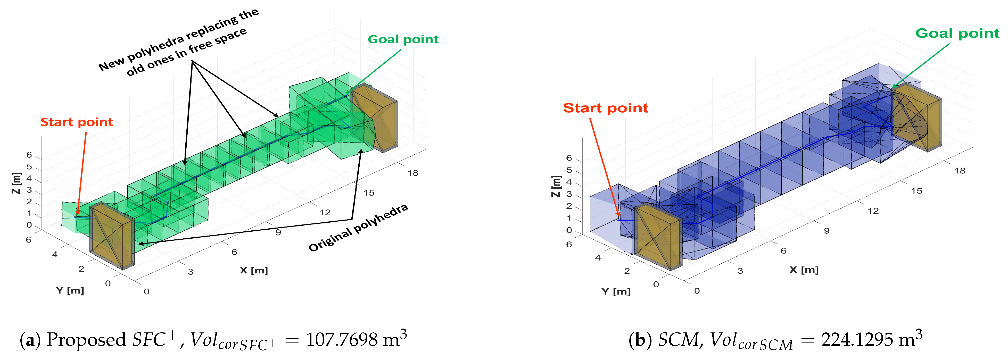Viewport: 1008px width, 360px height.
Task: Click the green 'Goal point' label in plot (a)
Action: [403, 39]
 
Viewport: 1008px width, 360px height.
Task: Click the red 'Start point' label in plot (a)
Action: [77, 122]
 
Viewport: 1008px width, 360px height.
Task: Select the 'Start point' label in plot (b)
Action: [605, 108]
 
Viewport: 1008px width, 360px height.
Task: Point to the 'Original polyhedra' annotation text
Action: [358, 228]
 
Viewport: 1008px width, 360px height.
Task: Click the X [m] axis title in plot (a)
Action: [254, 270]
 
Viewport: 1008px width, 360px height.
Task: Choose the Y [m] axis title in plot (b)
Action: [616, 291]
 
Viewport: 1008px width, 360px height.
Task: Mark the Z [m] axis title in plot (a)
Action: [16, 183]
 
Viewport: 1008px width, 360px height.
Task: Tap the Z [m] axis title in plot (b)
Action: [556, 186]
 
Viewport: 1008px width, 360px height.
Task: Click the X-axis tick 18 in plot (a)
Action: [413, 173]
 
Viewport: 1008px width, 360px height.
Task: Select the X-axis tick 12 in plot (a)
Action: [325, 213]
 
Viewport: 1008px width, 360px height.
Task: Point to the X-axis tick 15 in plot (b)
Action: [916, 191]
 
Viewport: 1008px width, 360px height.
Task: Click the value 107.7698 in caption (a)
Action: [341, 340]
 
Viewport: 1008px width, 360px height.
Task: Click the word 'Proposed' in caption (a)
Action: [86, 340]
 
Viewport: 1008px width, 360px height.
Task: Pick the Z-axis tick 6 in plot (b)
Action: [569, 158]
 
